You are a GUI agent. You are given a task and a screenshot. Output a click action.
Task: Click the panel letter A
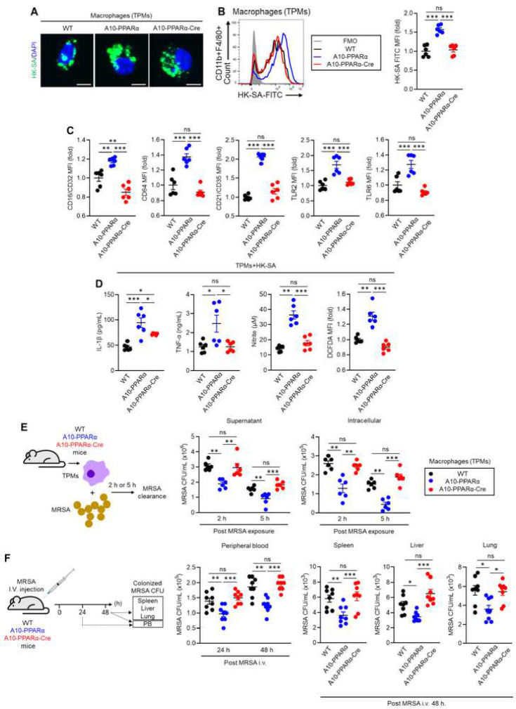(x=16, y=11)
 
